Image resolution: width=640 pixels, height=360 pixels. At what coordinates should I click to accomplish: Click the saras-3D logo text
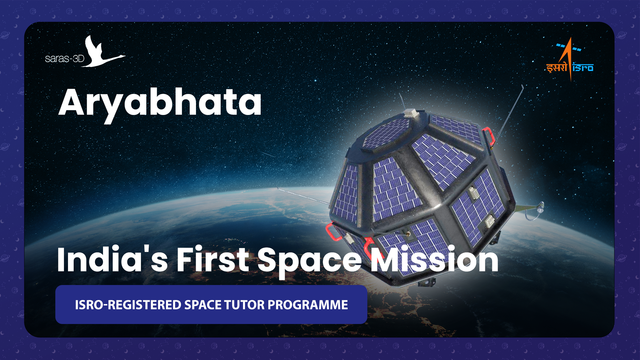coord(65,59)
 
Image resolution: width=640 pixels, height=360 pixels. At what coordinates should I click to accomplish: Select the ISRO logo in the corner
coord(570,59)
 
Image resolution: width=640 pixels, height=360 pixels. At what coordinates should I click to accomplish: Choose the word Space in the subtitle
coord(309,262)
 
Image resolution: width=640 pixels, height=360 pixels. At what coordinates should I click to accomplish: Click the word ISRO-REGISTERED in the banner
coord(128,305)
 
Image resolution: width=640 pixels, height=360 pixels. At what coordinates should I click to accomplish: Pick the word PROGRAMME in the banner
coord(308,305)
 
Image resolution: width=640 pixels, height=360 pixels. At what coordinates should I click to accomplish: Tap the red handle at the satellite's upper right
coord(489,136)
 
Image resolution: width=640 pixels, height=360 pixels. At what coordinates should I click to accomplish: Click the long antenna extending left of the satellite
coord(303,196)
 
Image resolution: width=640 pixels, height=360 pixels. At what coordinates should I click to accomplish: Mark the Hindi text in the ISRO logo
coord(557,68)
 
